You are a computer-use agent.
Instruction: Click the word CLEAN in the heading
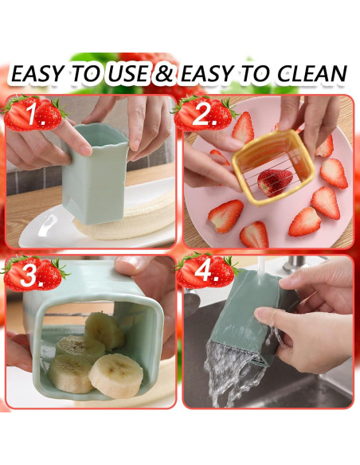click(311, 73)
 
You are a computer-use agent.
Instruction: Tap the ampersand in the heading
click(163, 73)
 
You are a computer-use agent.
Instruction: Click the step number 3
click(32, 275)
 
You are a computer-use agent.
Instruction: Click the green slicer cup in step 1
click(95, 174)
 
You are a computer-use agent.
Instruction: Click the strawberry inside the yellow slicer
click(273, 182)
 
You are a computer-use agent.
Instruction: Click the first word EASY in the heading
click(37, 73)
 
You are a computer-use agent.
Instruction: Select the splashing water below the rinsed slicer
click(234, 373)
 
